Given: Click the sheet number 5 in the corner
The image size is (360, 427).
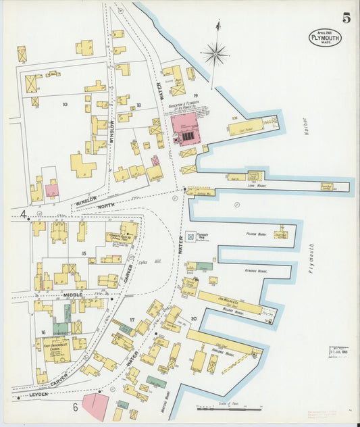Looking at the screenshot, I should coord(346,18).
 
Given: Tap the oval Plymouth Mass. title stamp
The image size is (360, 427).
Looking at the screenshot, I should coord(325,38).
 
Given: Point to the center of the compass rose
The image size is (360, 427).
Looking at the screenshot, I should coord(216,53).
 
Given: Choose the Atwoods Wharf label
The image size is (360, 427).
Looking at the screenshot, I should coord(256,270).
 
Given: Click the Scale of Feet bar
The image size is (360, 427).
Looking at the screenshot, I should coord(229,409).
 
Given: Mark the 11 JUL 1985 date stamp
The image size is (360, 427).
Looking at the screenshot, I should coord(339,352).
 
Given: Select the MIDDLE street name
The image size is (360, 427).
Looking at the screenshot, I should coord(72,295).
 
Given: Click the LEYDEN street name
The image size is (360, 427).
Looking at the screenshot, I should coord(38,394).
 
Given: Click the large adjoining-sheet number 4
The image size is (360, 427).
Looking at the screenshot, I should coord(24,216).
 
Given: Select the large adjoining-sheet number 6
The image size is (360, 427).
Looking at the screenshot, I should coord(75,406).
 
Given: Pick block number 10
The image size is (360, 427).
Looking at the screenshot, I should coord(65,105).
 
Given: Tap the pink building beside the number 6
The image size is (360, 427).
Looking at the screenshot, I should coord(95,407).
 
